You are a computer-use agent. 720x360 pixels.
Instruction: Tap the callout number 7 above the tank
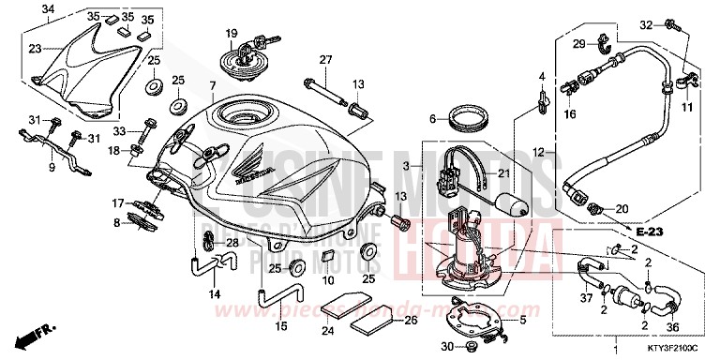point(213,85)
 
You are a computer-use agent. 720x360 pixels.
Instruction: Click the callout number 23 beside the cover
point(34,49)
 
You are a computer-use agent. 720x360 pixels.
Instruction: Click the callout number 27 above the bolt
point(325,61)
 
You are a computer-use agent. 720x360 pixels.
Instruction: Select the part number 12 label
point(537,151)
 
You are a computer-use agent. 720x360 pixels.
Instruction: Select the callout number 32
point(645,23)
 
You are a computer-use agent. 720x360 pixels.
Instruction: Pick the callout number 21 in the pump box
point(502,174)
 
